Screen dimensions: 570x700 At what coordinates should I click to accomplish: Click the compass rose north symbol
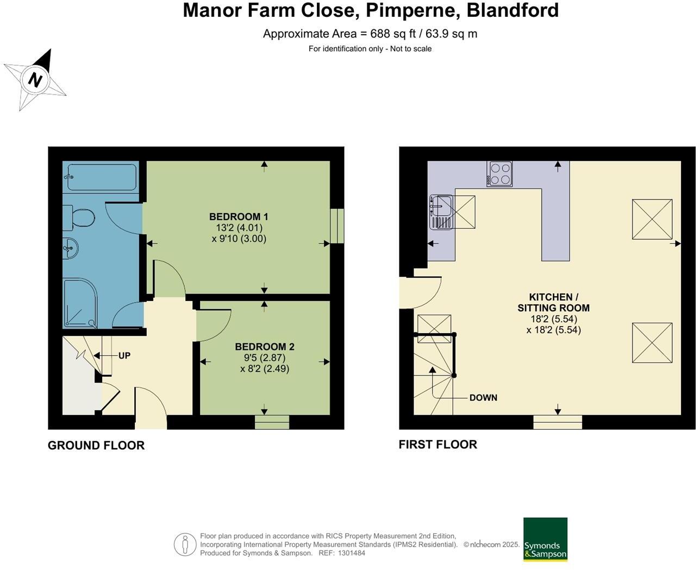35,80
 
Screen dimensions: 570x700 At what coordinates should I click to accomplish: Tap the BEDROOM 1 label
239,217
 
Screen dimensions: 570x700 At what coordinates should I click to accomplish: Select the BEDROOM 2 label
265,347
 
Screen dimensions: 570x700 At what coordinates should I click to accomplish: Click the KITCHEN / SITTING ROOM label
553,302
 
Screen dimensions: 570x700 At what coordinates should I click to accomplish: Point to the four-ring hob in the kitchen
499,174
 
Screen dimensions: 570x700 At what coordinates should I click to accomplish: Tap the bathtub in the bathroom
101,177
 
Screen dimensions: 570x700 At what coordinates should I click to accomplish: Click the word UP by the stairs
124,356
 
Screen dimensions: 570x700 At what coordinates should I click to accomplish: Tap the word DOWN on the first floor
483,398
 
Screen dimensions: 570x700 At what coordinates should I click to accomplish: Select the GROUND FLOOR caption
96,446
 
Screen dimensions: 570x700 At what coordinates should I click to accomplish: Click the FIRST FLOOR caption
437,444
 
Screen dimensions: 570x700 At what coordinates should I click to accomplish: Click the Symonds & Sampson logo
545,540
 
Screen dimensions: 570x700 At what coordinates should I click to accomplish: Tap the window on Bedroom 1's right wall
337,226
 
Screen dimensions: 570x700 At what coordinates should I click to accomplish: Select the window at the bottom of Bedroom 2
272,422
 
